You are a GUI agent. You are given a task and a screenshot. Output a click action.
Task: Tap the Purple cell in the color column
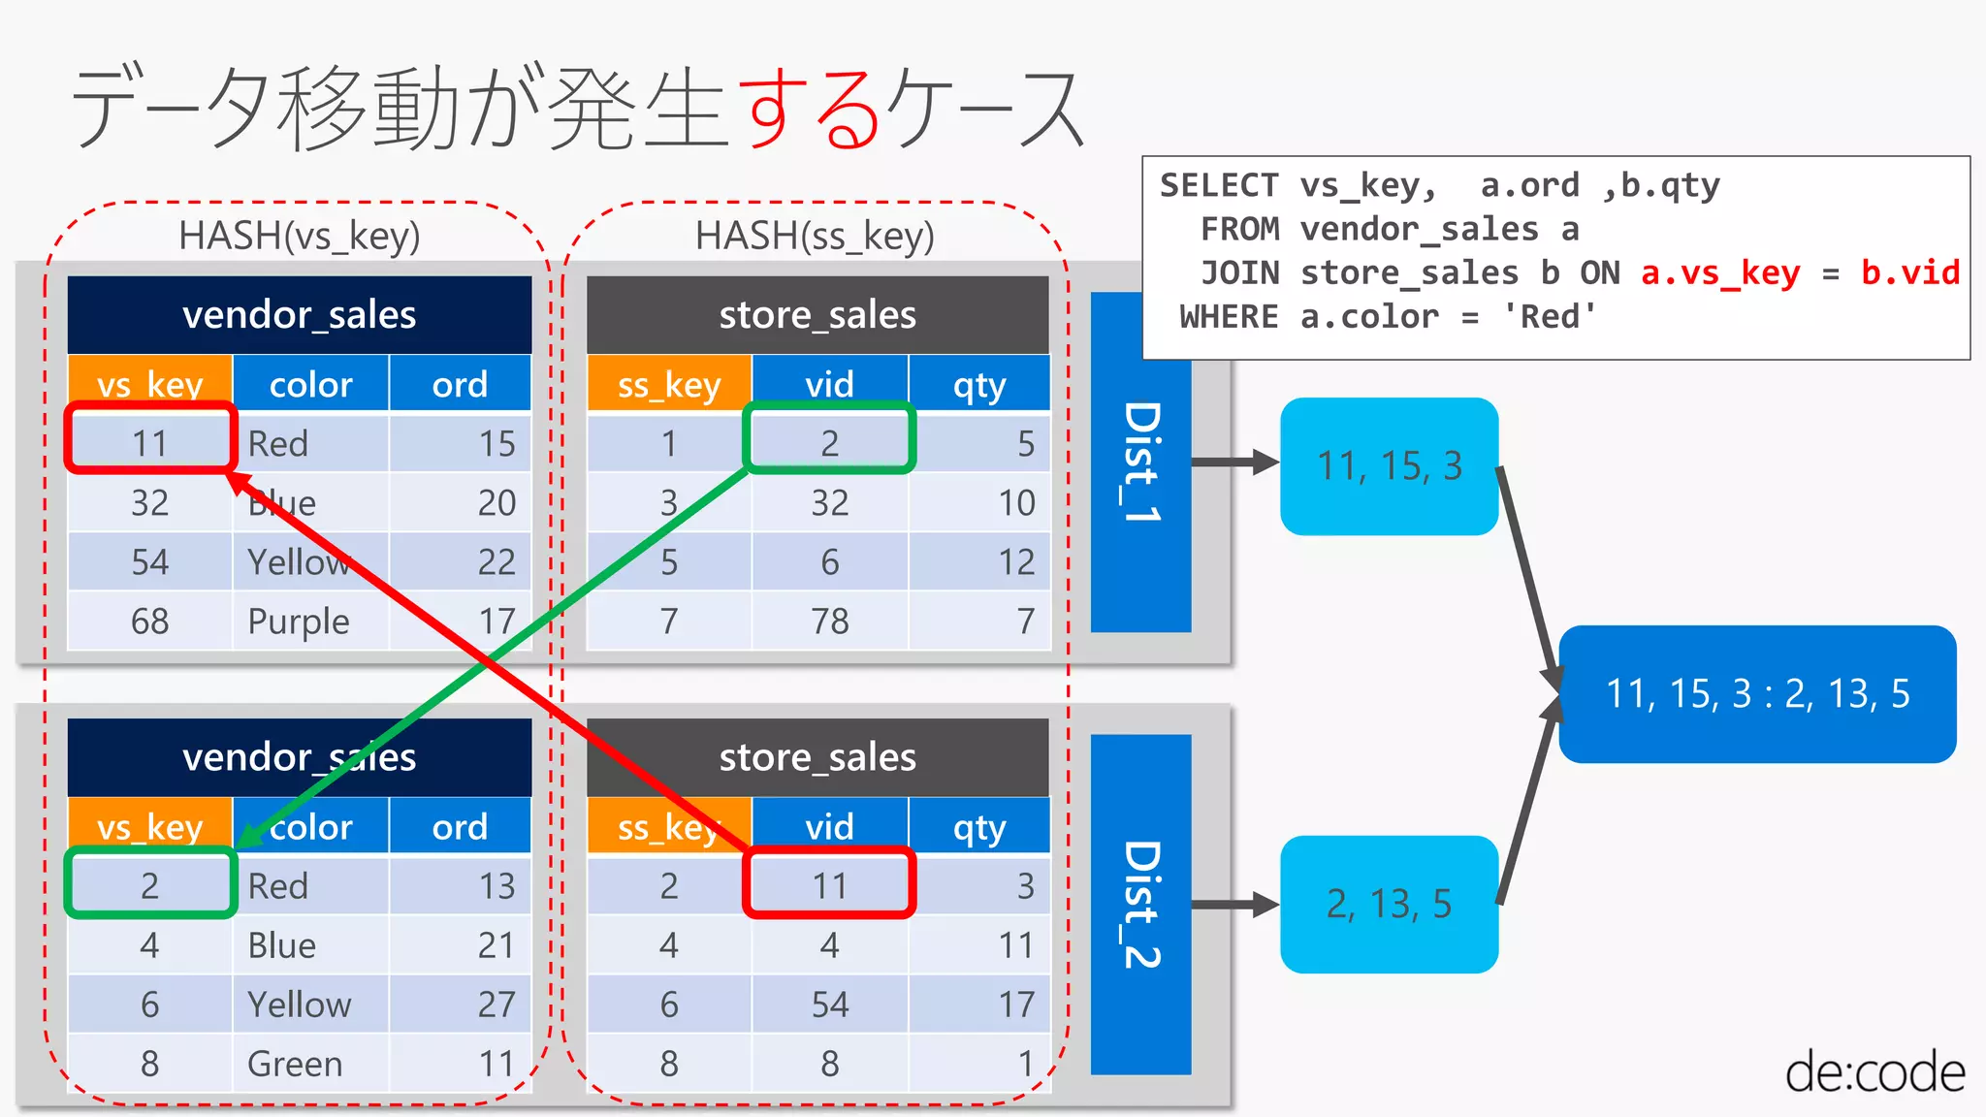[x=299, y=622]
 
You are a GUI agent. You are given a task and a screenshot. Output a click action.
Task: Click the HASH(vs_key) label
[x=299, y=236]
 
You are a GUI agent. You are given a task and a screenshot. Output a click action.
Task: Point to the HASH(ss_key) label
[x=815, y=236]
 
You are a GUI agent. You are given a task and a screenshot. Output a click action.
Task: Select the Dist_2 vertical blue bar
[x=1140, y=904]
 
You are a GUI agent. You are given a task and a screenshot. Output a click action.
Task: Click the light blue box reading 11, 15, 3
[x=1389, y=466]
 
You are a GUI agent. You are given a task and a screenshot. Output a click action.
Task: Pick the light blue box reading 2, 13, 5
[x=1389, y=904]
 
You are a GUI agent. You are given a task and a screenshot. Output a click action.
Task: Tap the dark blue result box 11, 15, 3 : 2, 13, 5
[x=1757, y=694]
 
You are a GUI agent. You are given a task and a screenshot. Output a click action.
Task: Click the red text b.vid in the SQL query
[x=1909, y=272]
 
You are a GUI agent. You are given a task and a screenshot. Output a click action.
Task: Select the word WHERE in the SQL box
[x=1229, y=317]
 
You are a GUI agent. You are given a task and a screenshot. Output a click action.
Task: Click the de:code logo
[x=1874, y=1072]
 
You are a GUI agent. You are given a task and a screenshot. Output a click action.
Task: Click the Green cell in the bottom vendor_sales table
[x=295, y=1064]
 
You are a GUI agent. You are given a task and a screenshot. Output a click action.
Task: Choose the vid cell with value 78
[x=829, y=622]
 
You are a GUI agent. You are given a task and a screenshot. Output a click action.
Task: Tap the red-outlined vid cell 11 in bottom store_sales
[x=829, y=884]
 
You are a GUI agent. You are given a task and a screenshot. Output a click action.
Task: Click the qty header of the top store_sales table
[x=979, y=385]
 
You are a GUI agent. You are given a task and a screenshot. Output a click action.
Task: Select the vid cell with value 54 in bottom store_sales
[x=829, y=1005]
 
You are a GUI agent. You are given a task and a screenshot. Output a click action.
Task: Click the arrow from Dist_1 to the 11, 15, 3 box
[x=1234, y=463]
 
